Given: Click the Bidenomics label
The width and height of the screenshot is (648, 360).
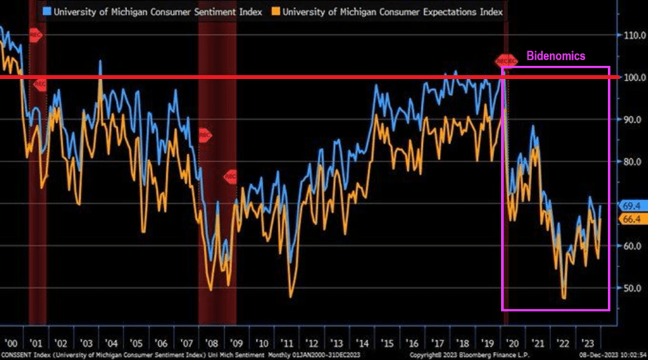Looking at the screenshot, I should coord(556,56).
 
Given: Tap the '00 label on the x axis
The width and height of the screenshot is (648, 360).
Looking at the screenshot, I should coord(12,343).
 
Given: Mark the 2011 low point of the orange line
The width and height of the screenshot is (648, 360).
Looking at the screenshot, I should coord(290,297).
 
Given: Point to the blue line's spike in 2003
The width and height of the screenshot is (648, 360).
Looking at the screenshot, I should coord(100,61).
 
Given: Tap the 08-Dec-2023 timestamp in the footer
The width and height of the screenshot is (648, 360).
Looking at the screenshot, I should coord(611,355).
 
